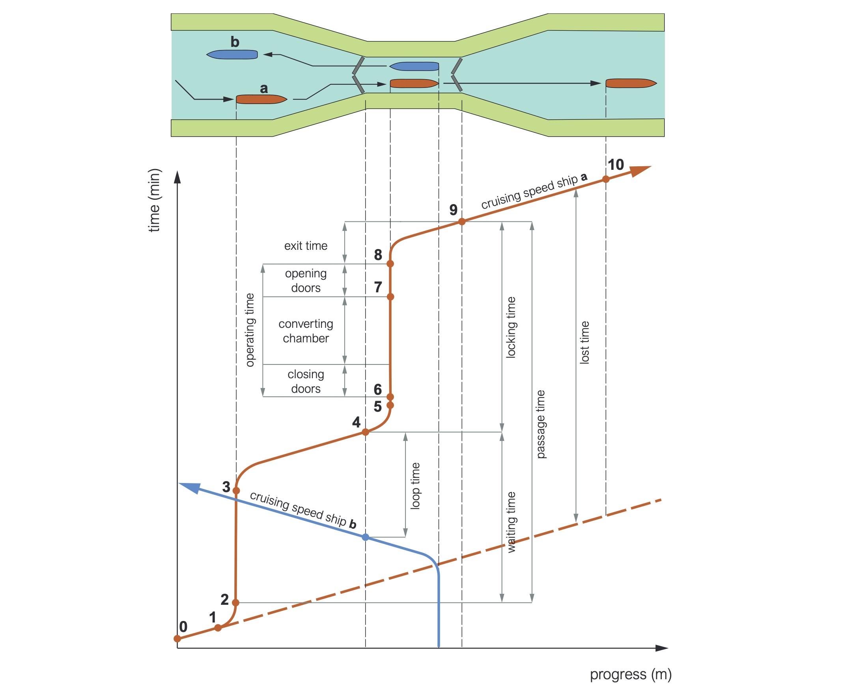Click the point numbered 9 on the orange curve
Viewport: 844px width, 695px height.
coord(462,221)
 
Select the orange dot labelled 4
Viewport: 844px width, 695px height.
coord(366,432)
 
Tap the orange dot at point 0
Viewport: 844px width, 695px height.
coord(177,639)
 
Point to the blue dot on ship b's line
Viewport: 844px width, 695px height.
coord(366,537)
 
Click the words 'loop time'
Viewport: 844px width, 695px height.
coord(416,486)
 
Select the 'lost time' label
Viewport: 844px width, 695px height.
coord(585,342)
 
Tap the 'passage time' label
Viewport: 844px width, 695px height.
coord(541,424)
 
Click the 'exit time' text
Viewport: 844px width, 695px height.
coord(306,246)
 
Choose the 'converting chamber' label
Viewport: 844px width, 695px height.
coord(306,331)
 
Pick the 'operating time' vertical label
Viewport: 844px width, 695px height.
coord(250,330)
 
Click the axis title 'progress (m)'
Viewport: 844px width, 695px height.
coord(630,674)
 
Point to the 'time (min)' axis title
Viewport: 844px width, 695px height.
coord(154,200)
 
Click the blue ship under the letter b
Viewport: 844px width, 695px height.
coord(232,54)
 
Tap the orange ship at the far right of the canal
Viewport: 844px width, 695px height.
coord(630,83)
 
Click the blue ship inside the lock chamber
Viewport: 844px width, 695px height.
coord(415,66)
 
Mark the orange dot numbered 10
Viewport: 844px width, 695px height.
coord(606,179)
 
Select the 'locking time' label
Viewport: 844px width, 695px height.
coord(511,327)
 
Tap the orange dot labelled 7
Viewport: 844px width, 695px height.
coord(390,297)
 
